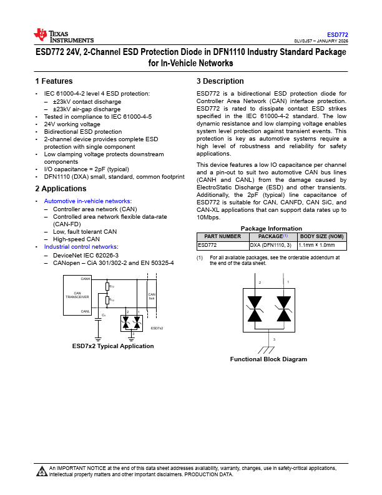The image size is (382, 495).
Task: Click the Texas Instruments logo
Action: (x=63, y=36)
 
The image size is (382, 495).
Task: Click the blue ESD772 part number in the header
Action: (x=338, y=35)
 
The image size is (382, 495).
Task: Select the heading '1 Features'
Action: (x=54, y=81)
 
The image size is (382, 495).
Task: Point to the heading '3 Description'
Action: (x=220, y=81)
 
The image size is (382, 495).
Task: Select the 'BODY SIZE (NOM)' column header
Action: (x=321, y=237)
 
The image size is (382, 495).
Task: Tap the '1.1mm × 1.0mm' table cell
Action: (x=316, y=246)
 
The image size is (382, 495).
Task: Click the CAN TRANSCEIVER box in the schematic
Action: (x=81, y=295)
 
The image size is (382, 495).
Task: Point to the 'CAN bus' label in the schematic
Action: (x=151, y=296)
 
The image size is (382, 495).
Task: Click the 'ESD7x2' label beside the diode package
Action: (x=157, y=328)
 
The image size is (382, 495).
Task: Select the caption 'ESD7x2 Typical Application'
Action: (x=113, y=346)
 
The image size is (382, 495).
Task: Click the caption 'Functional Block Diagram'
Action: (x=268, y=359)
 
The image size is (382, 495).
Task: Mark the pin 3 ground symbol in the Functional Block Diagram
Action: (x=270, y=347)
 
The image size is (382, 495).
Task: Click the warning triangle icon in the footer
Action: (x=42, y=471)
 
